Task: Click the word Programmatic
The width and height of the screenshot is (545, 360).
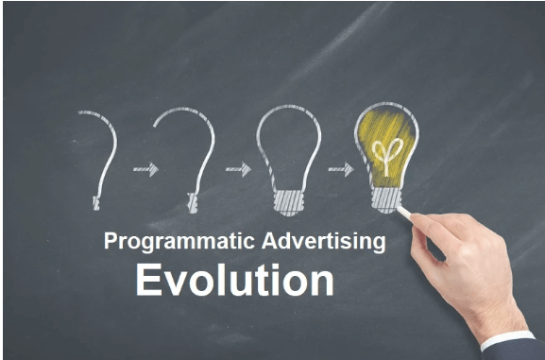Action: [x=162, y=242]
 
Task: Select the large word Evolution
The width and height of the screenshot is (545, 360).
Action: [x=233, y=281]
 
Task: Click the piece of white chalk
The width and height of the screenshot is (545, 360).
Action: [x=404, y=210]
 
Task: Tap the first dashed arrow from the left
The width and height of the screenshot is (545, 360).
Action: [x=145, y=169]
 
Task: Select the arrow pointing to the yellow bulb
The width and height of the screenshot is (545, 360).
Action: [x=340, y=169]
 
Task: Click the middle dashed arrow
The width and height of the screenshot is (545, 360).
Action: [x=237, y=169]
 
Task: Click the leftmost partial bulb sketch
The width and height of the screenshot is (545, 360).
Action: [x=102, y=151]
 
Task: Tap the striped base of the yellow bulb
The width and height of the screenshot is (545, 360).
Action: [x=385, y=197]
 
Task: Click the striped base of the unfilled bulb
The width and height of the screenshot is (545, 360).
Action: [x=287, y=201]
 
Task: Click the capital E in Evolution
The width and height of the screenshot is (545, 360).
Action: [x=148, y=281]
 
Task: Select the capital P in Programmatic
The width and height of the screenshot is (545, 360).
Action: [x=110, y=242]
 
